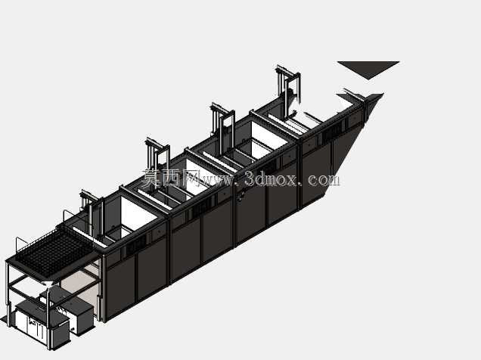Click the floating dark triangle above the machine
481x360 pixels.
(x=368, y=68)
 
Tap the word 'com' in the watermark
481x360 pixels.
(x=324, y=179)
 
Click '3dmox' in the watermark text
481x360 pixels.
(x=272, y=178)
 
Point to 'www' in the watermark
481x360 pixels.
(x=217, y=180)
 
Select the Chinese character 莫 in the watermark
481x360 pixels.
(x=151, y=178)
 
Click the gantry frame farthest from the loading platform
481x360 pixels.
(x=287, y=89)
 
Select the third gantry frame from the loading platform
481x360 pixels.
(x=222, y=123)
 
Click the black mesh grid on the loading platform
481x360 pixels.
(x=54, y=250)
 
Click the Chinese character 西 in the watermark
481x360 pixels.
(x=169, y=178)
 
